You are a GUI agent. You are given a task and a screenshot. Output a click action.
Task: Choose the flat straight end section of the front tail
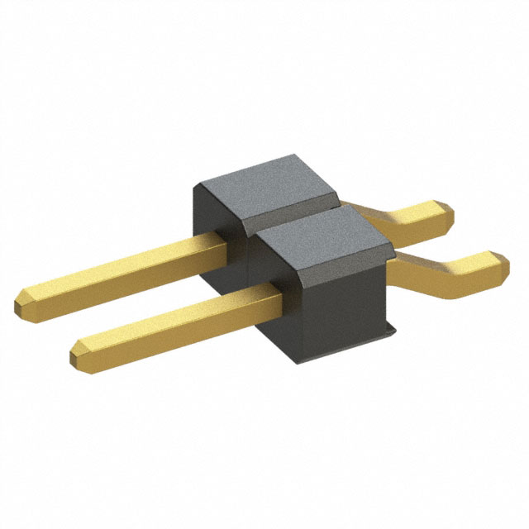[471, 271]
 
